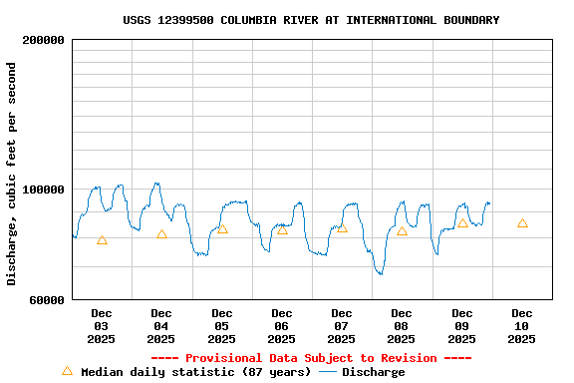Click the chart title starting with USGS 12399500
pos(311,20)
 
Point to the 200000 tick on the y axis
pos(43,40)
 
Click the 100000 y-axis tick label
pos(43,190)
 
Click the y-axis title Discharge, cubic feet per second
pos(12,174)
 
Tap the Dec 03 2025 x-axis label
pos(102,326)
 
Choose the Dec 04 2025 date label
pos(161,326)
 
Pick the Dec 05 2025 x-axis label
pos(221,326)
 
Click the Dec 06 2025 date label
pos(282,326)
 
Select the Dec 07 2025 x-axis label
pos(342,326)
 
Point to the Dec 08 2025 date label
pos(402,326)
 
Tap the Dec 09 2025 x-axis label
pos(462,326)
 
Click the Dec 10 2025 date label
pos(522,326)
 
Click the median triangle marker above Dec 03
pos(102,240)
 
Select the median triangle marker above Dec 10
pos(522,223)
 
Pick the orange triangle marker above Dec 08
pos(402,231)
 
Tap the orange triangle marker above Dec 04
pos(161,234)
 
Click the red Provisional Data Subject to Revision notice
pos(311,358)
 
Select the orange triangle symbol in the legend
pos(68,371)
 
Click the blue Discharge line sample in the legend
pos(328,372)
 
